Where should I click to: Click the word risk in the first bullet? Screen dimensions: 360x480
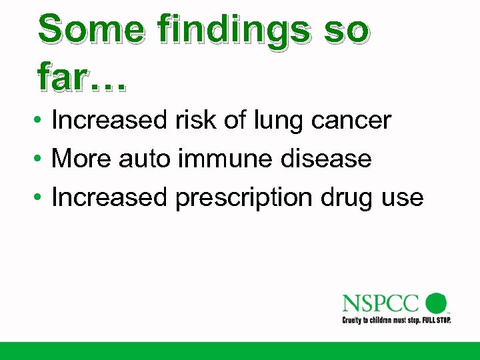click(197, 121)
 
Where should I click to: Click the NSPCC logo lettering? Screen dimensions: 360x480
click(380, 303)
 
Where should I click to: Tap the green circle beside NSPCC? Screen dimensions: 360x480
click(436, 303)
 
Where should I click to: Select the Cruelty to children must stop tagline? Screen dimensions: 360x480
click(396, 320)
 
